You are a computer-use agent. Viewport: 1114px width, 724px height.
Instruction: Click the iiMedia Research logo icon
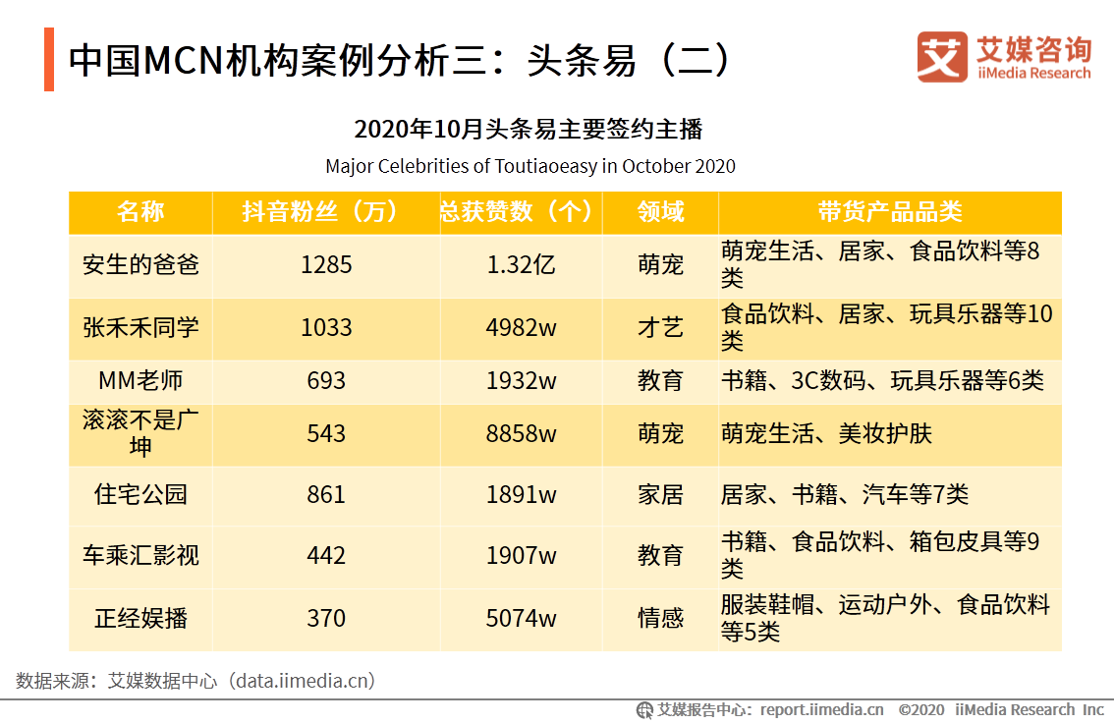(941, 57)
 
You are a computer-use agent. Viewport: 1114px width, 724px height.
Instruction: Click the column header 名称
(140, 212)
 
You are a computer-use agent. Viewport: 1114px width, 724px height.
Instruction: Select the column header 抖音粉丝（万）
(325, 212)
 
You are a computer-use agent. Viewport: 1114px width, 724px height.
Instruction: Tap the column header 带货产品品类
(889, 212)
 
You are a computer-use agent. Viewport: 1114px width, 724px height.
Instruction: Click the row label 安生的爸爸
(140, 265)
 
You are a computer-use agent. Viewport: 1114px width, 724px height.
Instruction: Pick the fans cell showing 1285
(325, 265)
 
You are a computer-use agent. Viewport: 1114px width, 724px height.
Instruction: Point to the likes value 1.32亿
(521, 265)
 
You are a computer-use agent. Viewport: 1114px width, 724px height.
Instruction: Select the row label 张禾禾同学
(140, 327)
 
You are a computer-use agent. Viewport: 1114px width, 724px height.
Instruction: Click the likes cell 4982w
(521, 327)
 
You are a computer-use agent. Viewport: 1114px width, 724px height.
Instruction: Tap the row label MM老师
(140, 380)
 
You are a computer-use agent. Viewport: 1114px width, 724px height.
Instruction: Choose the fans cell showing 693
(325, 380)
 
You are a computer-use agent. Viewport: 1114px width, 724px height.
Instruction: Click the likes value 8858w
(521, 433)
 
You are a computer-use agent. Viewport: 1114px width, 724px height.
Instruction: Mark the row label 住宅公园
(140, 494)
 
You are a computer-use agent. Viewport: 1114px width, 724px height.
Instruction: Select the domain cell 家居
(660, 494)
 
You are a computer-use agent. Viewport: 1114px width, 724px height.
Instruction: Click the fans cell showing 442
(325, 555)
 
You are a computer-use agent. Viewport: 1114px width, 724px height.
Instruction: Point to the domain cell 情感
(660, 618)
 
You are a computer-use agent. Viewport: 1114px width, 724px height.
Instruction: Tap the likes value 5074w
(521, 618)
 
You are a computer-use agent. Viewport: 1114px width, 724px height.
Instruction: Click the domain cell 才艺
(660, 327)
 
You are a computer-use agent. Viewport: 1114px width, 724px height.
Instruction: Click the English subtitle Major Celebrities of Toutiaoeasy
(529, 166)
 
